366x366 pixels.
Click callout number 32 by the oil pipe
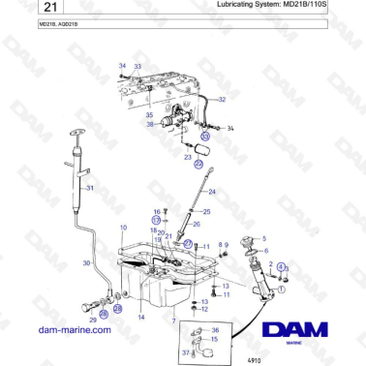222,99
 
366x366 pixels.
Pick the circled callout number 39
204,137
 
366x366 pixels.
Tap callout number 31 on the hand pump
89,186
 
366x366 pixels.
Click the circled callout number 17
155,221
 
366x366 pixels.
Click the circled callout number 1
282,288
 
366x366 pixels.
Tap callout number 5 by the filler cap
264,237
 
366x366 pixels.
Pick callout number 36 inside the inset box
214,330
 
